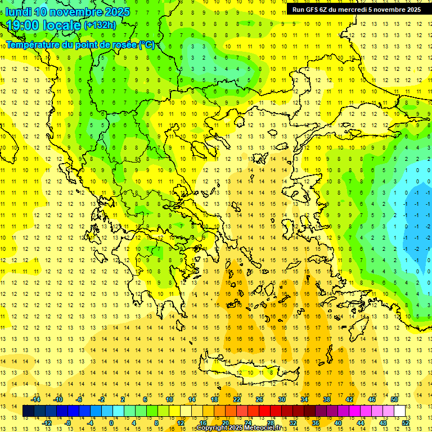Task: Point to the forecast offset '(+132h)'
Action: coord(100,25)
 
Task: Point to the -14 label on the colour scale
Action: coord(35,399)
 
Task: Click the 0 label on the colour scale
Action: coord(111,422)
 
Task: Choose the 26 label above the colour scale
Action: coord(259,399)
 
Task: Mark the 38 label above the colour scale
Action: coord(326,399)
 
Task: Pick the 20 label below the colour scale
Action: coord(225,422)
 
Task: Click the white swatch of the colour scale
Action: coord(399,411)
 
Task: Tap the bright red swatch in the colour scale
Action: coord(264,411)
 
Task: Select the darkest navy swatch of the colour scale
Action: coord(29,411)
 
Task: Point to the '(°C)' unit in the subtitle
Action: coord(147,44)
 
